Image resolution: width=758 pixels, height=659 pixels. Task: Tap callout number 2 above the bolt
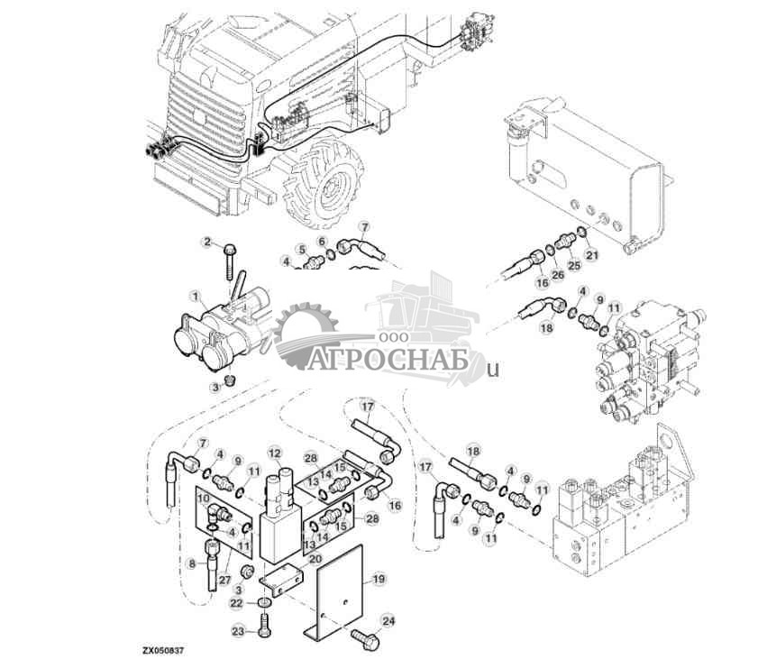click(205, 242)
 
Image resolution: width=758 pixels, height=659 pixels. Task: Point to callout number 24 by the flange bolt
click(388, 620)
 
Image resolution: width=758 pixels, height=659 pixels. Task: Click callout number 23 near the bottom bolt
click(238, 631)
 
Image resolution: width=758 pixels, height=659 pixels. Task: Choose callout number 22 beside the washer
click(236, 603)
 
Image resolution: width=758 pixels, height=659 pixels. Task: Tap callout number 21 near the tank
click(591, 255)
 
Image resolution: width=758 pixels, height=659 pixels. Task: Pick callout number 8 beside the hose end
click(191, 564)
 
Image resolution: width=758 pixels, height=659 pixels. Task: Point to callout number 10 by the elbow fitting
click(203, 497)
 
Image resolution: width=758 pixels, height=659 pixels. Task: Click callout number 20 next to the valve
click(315, 558)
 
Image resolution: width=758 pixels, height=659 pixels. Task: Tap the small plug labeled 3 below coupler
click(230, 380)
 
